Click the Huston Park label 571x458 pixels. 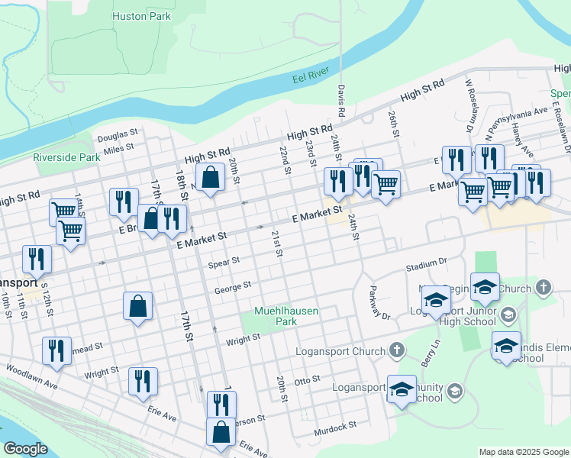pos(141,16)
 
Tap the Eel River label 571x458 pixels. pos(310,78)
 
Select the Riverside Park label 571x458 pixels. pos(66,157)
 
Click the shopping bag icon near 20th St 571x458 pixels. pos(210,177)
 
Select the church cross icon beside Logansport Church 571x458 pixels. pos(396,350)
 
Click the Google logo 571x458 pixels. pos(25,448)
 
